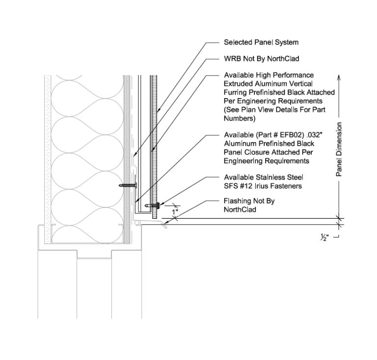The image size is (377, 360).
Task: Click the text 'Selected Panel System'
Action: [261, 43]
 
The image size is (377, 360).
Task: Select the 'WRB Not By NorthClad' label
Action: [261, 59]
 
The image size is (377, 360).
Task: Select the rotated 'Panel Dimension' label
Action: [339, 149]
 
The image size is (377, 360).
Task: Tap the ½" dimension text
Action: [324, 238]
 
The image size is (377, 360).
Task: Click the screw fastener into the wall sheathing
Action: [127, 186]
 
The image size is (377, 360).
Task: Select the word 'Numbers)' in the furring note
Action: [240, 119]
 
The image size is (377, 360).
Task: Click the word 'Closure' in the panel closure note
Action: [255, 153]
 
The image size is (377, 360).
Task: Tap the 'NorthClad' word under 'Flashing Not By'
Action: [240, 210]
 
